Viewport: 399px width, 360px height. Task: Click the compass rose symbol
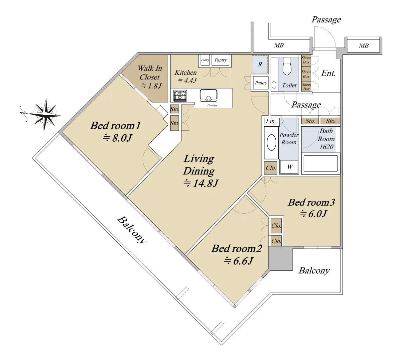tap(45, 115)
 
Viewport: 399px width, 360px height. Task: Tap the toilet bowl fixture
tap(287, 66)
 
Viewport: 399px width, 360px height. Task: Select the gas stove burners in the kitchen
tap(180, 95)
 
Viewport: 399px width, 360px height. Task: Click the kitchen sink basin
tap(208, 95)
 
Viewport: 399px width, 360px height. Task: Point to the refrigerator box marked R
tap(260, 64)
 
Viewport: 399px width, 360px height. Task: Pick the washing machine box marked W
tap(289, 167)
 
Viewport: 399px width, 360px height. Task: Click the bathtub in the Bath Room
tap(321, 163)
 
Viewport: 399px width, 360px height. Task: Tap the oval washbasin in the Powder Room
tap(271, 142)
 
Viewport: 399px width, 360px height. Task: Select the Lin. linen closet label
tap(271, 121)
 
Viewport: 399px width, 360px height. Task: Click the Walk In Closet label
tap(150, 72)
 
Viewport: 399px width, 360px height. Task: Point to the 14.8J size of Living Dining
tap(201, 183)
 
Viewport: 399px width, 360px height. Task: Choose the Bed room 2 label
tap(236, 249)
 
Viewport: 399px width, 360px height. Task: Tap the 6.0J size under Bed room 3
tap(313, 214)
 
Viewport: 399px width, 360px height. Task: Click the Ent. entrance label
tap(329, 73)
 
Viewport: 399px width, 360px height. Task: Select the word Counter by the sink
tap(212, 105)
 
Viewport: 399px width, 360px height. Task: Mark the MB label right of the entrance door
tap(364, 46)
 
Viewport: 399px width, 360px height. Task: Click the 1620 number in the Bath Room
tap(326, 147)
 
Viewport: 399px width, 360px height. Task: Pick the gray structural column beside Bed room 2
tap(280, 258)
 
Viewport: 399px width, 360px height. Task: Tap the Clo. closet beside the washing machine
tap(271, 168)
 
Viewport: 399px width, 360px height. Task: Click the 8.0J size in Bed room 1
tap(117, 138)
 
